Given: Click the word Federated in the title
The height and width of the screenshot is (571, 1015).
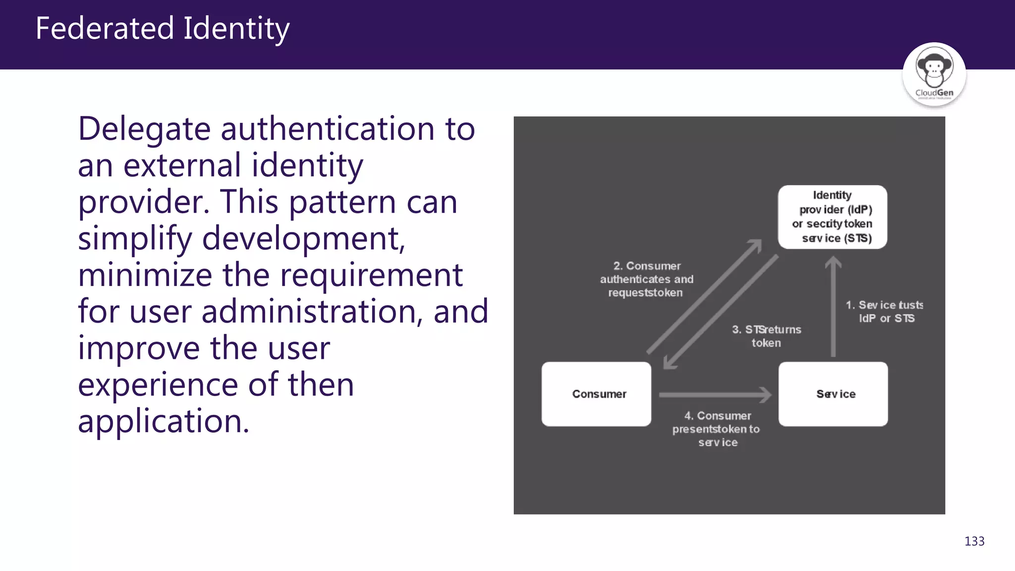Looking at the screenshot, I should (x=105, y=28).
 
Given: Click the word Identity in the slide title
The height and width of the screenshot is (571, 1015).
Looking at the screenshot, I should (x=236, y=29).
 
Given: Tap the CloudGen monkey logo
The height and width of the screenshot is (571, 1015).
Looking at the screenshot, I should (x=934, y=73).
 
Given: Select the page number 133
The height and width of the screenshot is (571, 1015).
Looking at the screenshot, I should (x=974, y=541).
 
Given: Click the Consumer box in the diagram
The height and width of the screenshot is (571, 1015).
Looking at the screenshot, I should (x=596, y=394).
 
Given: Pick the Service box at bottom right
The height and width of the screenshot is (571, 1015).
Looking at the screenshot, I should (x=833, y=394).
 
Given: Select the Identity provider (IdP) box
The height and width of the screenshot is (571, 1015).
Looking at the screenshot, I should (x=832, y=217).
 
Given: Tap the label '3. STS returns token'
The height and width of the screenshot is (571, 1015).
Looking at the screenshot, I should (x=766, y=336).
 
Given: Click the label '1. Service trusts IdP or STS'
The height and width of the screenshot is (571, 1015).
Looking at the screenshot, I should (x=885, y=311).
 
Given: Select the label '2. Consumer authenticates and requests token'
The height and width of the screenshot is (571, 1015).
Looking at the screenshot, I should (x=646, y=280).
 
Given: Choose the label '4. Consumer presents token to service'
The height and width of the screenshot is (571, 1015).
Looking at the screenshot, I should (x=717, y=429).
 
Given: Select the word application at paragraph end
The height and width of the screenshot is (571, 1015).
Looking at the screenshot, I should (x=163, y=422).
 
